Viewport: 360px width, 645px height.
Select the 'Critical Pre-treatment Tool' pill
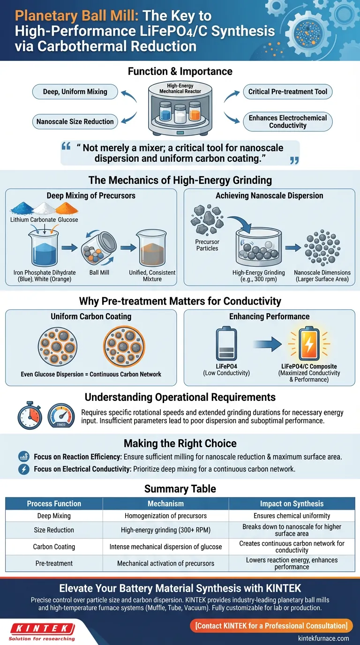click(x=288, y=92)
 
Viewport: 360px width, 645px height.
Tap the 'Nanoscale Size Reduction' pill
click(x=75, y=122)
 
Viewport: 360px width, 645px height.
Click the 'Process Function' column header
click(x=54, y=503)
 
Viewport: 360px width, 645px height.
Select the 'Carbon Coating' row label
click(x=54, y=547)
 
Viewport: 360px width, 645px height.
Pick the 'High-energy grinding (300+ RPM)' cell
click(x=165, y=530)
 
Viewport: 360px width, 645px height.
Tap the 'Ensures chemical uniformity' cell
click(x=292, y=516)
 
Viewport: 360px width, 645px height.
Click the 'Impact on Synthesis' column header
click(x=292, y=503)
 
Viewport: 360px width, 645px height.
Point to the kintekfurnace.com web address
click(x=324, y=638)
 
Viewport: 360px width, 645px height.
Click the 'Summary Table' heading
click(x=180, y=489)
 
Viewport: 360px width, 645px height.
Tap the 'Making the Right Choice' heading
click(x=180, y=443)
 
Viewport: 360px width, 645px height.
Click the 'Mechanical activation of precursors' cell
click(x=165, y=563)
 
